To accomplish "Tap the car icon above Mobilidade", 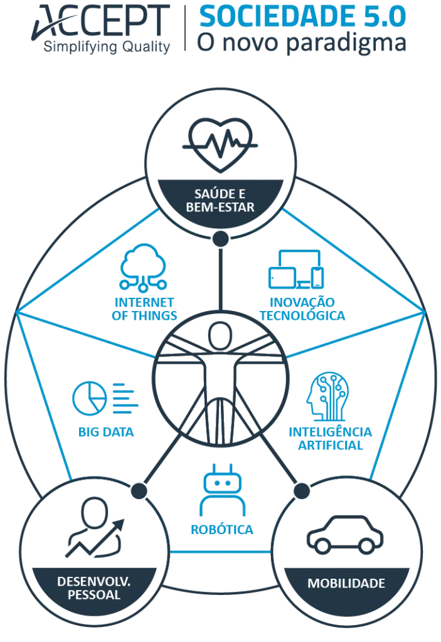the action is point(345,534).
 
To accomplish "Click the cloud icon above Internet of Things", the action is point(143,267).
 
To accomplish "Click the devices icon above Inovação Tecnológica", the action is point(296,269).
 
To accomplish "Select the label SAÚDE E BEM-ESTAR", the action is point(220,200).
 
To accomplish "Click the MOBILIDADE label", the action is point(346,583).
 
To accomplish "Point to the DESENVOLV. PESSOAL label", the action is point(94,588).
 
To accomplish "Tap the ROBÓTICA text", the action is point(222,529).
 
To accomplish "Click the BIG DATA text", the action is point(106,432).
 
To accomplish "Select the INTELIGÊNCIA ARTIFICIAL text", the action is point(331,438).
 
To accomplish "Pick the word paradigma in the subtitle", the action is point(346,43).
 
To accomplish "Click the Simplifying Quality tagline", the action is point(107,47).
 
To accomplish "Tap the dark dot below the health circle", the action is point(221,239).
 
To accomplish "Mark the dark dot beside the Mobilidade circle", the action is point(302,490).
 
